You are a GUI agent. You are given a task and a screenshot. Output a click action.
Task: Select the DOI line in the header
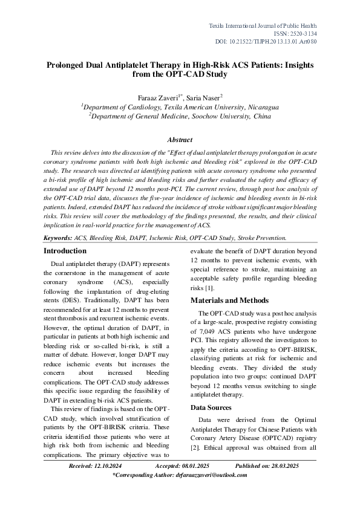click(x=266, y=42)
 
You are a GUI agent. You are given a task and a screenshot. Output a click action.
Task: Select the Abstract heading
click(x=180, y=140)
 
